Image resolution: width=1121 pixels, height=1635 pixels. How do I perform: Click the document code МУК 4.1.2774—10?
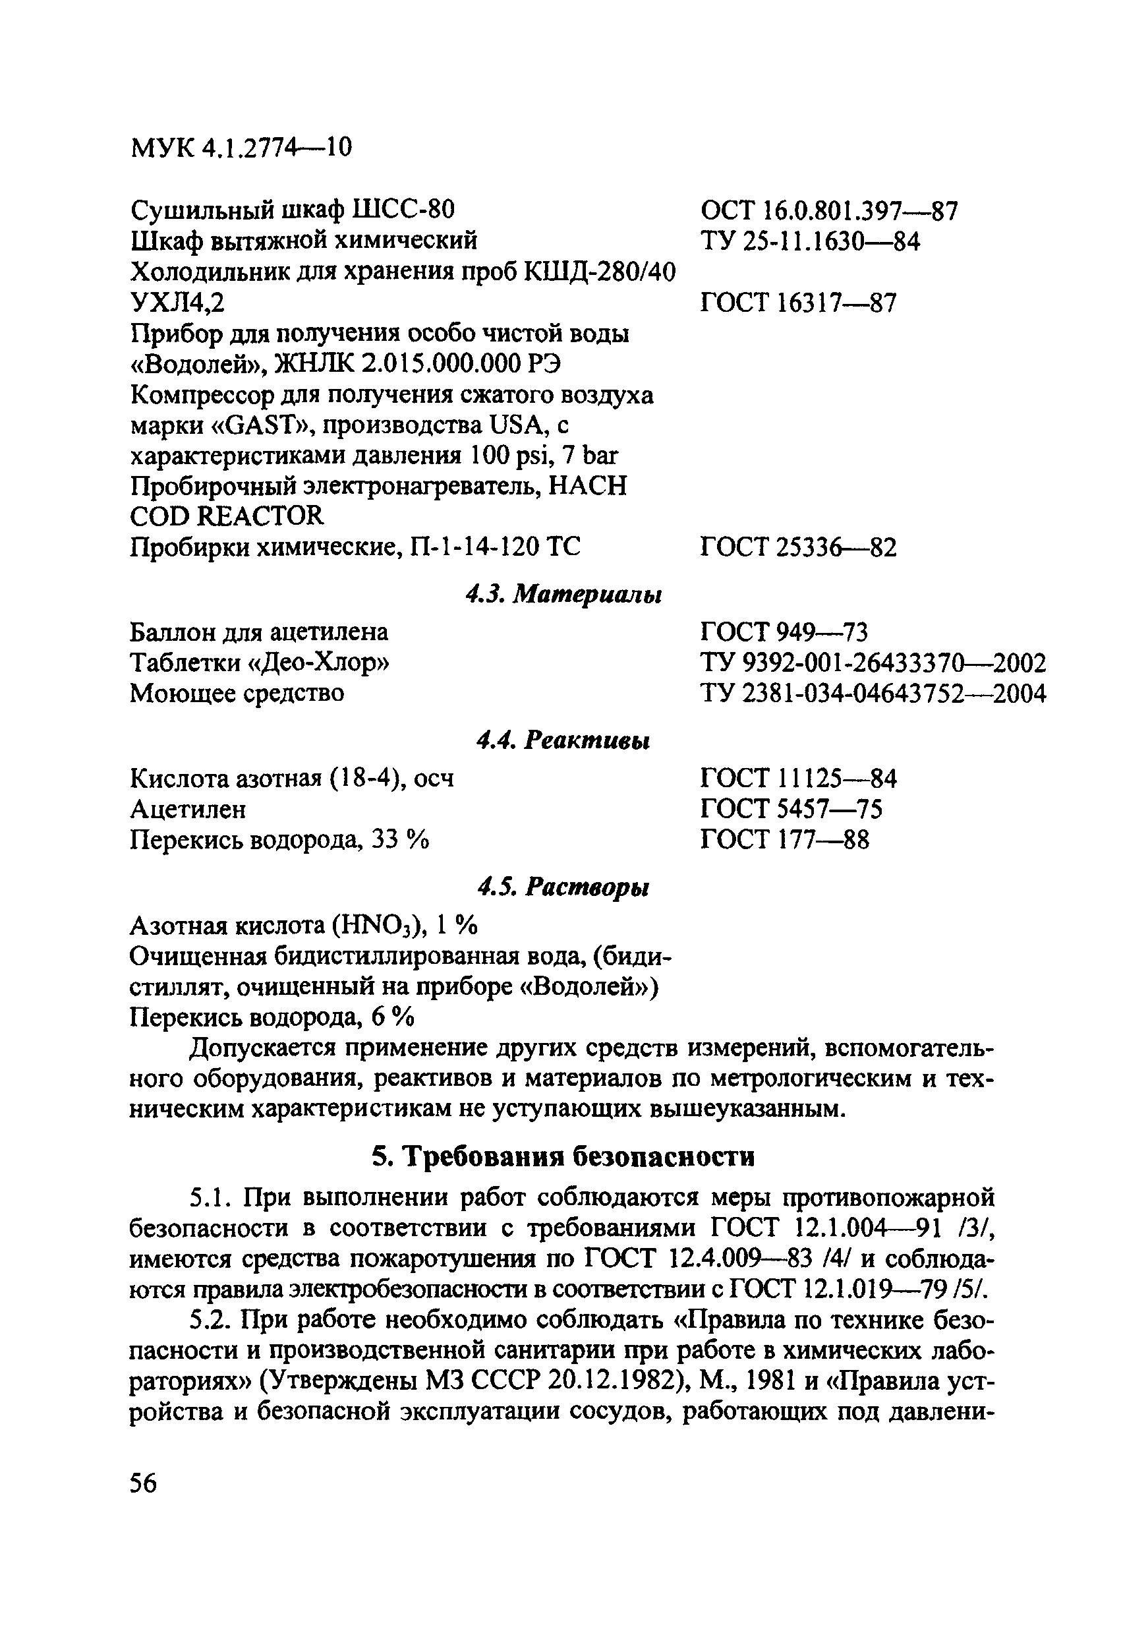tap(241, 148)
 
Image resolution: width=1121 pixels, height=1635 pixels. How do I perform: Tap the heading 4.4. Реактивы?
tap(563, 740)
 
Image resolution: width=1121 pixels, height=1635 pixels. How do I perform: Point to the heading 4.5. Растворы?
tap(563, 888)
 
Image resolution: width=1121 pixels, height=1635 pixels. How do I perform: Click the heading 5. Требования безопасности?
tap(563, 1156)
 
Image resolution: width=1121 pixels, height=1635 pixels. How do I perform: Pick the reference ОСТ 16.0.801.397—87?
tap(829, 210)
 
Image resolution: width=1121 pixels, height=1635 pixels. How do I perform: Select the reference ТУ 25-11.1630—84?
tap(810, 241)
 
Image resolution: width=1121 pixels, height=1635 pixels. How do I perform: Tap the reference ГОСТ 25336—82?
tap(799, 547)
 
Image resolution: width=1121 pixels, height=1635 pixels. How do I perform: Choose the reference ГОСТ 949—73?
tap(785, 632)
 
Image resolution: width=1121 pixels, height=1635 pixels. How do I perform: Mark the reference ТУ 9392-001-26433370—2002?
tap(873, 663)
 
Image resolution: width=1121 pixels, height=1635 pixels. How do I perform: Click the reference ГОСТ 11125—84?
tap(799, 778)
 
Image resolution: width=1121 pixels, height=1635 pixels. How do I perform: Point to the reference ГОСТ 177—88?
tap(785, 839)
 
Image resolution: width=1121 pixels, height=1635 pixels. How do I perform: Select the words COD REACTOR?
tap(227, 516)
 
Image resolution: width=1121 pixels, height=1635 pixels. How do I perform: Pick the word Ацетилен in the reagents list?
tap(188, 809)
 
